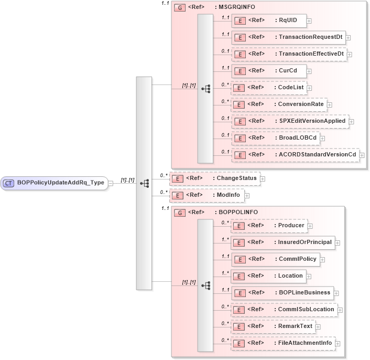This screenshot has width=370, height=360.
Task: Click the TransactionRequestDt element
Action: (x=288, y=38)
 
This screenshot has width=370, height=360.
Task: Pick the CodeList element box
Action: (x=268, y=88)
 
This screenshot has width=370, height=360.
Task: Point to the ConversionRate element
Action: (x=279, y=104)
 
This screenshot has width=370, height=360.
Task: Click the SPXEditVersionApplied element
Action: (x=290, y=121)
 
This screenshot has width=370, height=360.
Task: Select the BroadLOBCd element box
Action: (x=275, y=137)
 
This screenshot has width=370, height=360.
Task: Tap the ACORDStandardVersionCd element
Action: (x=296, y=155)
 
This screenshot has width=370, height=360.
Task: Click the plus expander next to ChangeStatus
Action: (x=263, y=179)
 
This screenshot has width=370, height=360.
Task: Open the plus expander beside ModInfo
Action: (x=247, y=195)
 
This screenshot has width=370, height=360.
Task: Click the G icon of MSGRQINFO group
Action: (x=179, y=8)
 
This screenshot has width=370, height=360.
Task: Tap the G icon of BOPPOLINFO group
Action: (x=179, y=213)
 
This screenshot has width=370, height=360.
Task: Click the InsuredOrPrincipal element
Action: (x=282, y=242)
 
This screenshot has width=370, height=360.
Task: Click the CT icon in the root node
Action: (x=9, y=183)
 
